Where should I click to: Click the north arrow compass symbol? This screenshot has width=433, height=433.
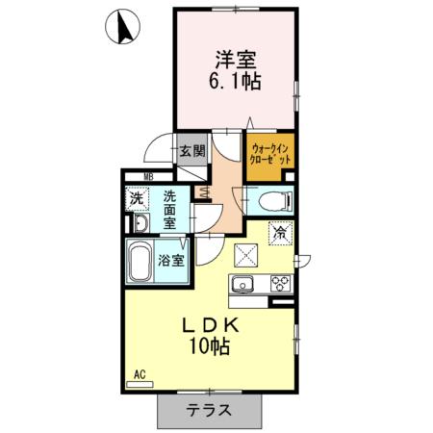[124, 26]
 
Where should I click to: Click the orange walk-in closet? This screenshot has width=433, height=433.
[270, 154]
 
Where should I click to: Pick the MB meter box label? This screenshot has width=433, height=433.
[148, 175]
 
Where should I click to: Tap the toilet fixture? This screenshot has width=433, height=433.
[271, 201]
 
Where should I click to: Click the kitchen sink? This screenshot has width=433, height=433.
[242, 283]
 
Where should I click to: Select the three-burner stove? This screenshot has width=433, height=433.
[279, 283]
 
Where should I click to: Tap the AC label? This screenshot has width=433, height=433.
[138, 373]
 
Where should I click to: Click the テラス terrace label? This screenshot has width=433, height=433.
[209, 409]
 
